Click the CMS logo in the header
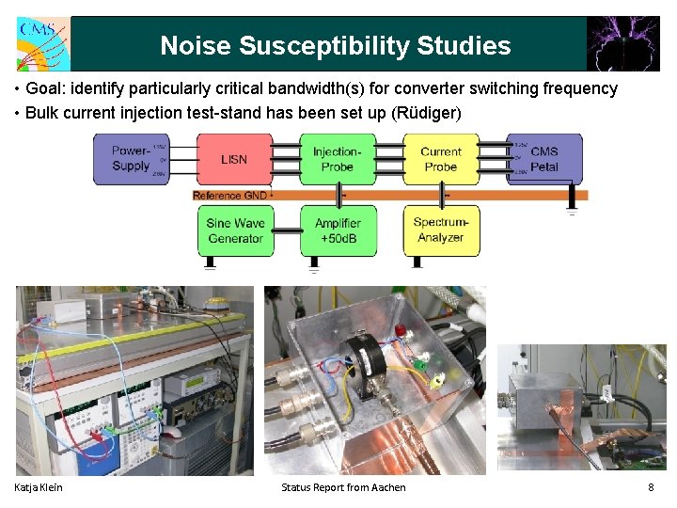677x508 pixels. [41, 43]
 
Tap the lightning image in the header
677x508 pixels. [622, 43]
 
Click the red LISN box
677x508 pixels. [234, 159]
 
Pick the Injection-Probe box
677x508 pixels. [337, 159]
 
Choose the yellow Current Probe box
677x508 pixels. [440, 159]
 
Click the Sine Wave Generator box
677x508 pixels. [235, 230]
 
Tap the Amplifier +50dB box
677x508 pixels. [338, 230]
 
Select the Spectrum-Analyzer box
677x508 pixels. [441, 230]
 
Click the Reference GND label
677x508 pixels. [229, 196]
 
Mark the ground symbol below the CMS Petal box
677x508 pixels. [571, 209]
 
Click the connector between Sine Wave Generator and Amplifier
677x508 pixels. [287, 230]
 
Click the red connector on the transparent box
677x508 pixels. [401, 331]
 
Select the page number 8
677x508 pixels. [650, 486]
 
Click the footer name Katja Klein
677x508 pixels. [39, 486]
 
